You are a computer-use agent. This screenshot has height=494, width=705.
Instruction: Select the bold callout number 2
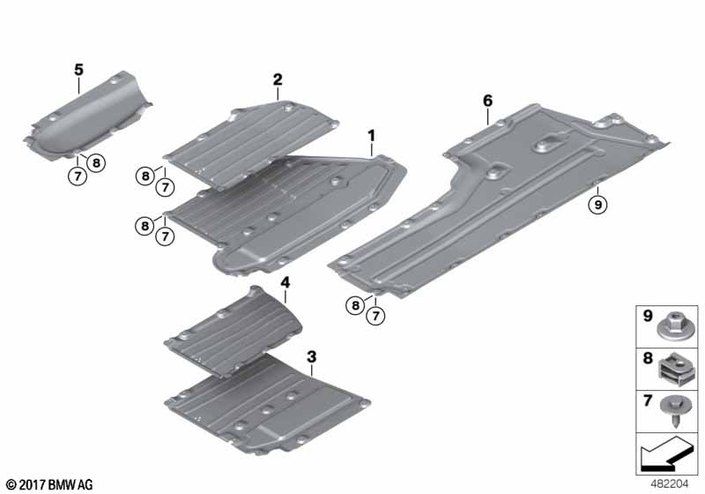pos(278,80)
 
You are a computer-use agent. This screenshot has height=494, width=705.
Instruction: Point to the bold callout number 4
pos(286,283)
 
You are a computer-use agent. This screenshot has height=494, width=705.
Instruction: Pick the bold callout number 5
pos(78,68)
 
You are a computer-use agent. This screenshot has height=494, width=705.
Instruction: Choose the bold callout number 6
pos(487,101)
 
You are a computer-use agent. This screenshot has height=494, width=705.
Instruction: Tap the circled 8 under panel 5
pos(95,162)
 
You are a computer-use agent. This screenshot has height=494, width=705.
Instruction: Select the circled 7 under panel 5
pos(77,175)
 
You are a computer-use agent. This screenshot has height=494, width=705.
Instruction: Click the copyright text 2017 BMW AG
pos(49,484)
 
